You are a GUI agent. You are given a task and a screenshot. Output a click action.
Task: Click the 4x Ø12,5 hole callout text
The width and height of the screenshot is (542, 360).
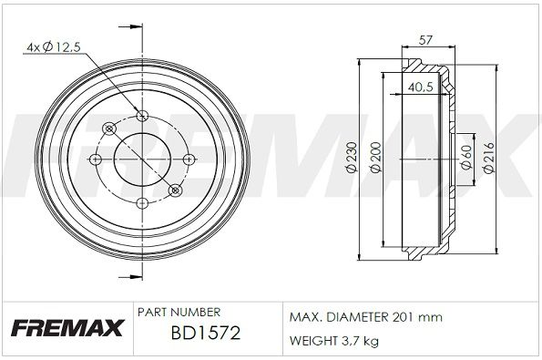[x=53, y=46]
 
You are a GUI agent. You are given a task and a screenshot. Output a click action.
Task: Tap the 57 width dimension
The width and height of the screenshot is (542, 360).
[x=425, y=40]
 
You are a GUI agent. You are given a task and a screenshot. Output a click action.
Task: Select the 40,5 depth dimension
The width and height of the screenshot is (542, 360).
[x=421, y=87]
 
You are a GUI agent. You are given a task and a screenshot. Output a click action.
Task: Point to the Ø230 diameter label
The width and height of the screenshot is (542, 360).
[x=352, y=157]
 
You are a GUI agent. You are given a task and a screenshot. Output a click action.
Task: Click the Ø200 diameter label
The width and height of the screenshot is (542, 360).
[x=375, y=157]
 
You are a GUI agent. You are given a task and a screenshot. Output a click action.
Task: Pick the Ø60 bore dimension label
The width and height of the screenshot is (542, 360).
[x=466, y=157]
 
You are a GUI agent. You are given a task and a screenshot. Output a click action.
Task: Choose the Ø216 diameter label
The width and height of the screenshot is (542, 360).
[x=489, y=158]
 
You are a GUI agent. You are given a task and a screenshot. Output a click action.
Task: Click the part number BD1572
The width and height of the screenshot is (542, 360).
[x=206, y=333]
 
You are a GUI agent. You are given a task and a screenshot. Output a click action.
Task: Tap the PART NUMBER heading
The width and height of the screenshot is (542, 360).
[x=179, y=313]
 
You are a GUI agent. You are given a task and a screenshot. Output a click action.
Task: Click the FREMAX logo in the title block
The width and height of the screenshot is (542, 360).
[x=67, y=328]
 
